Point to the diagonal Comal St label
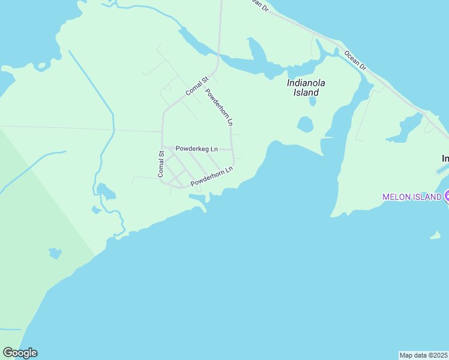click(x=196, y=86)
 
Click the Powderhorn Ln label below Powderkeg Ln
click(x=211, y=176)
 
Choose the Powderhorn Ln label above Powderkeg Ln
click(x=219, y=107)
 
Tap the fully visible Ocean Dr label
click(x=355, y=59)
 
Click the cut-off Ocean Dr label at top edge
click(x=259, y=4)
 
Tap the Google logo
click(x=20, y=353)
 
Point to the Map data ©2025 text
click(x=423, y=355)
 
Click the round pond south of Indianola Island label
click(x=305, y=125)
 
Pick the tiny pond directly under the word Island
click(x=313, y=102)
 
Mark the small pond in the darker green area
click(x=55, y=253)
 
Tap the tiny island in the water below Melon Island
click(x=435, y=236)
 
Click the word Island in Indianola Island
click(x=306, y=93)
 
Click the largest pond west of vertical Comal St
click(x=106, y=191)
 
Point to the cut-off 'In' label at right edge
click(x=445, y=158)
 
